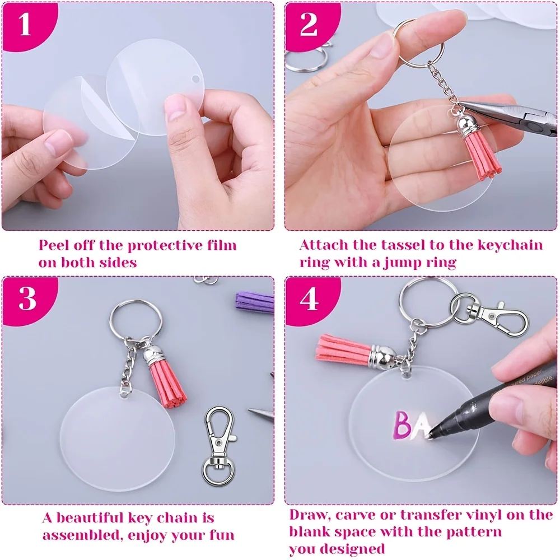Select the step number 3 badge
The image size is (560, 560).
click(27, 299)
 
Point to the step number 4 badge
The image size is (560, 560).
click(309, 299)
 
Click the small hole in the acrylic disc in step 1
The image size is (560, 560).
click(195, 78)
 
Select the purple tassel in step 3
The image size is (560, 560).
click(254, 303)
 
